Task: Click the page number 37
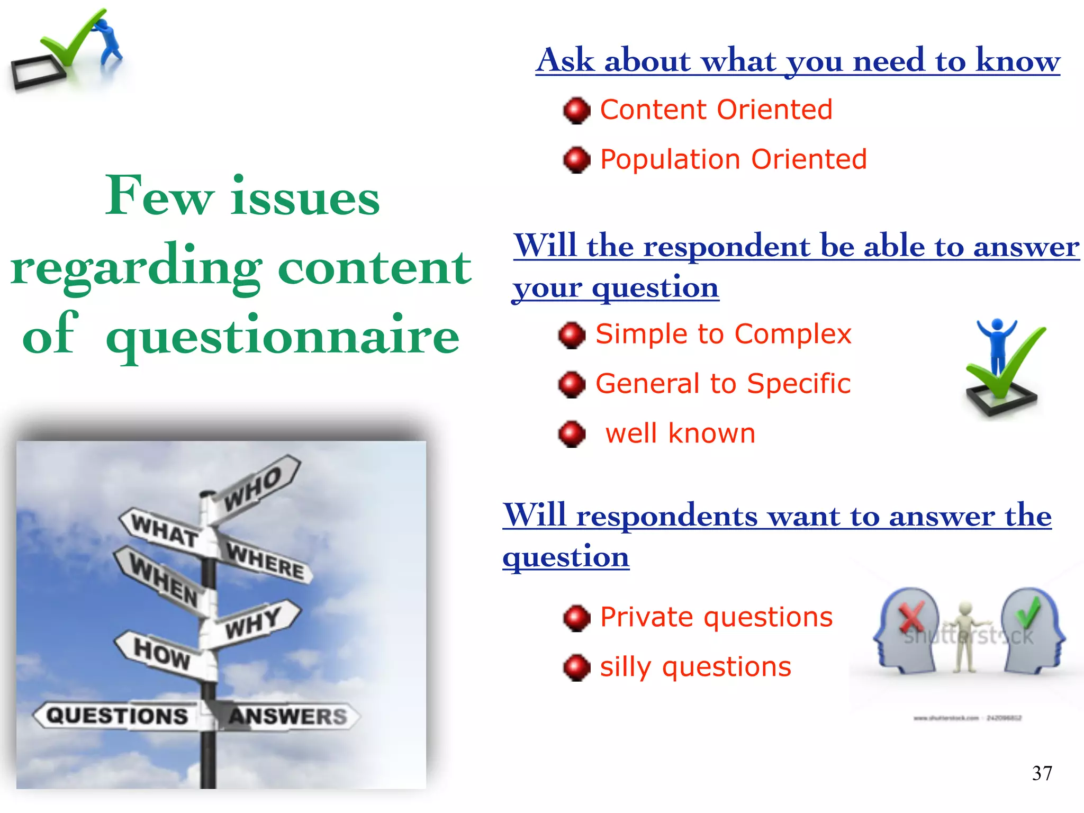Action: (x=1042, y=773)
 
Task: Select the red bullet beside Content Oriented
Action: (x=576, y=111)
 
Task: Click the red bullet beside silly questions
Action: (x=576, y=667)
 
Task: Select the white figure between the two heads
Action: (x=966, y=635)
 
